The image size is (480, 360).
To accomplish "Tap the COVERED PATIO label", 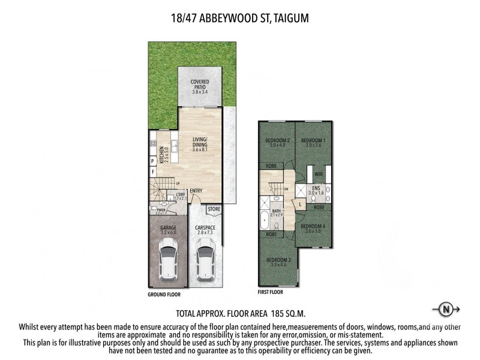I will point(199,88).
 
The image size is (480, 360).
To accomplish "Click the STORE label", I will point(214,209).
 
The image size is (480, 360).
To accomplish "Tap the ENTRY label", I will point(196,191).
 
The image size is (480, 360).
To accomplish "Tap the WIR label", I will point(319,175).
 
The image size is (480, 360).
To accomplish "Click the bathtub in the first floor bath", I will point(265,221).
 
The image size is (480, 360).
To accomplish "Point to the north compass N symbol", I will point(446,310).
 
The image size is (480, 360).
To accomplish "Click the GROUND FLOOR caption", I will point(164,295).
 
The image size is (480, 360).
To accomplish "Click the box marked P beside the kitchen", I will point(154,161).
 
